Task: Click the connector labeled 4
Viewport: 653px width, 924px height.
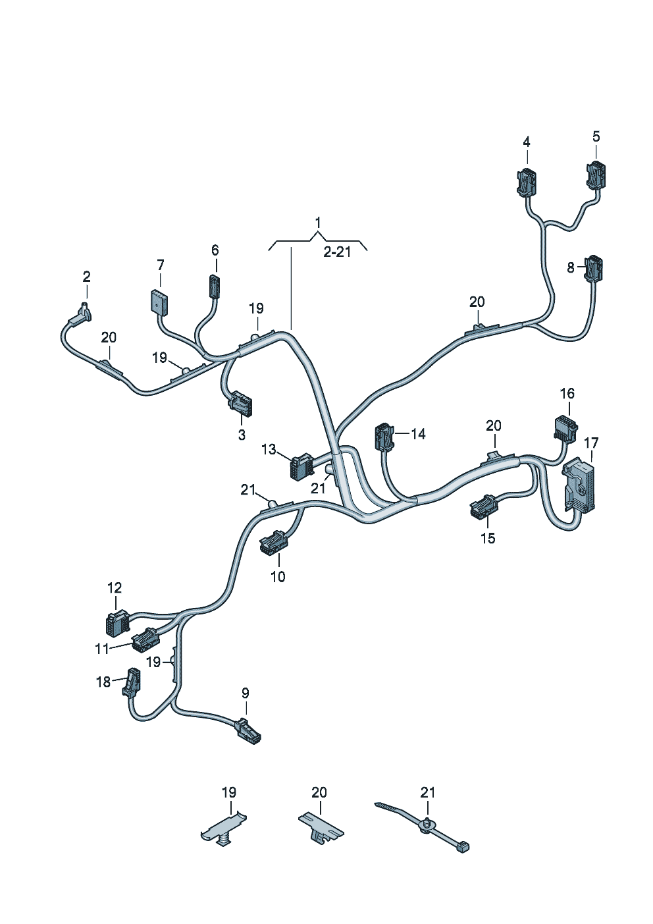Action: tap(527, 182)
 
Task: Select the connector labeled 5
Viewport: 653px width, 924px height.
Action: tap(596, 176)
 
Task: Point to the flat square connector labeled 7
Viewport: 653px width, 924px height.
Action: tap(158, 303)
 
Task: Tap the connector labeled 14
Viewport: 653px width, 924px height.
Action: tap(384, 437)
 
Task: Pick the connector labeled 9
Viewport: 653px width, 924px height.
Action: tap(248, 731)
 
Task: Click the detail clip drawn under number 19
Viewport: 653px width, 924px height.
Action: tap(224, 828)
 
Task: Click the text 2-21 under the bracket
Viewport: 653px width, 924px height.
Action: tap(337, 252)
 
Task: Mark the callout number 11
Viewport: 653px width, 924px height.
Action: tap(101, 649)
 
